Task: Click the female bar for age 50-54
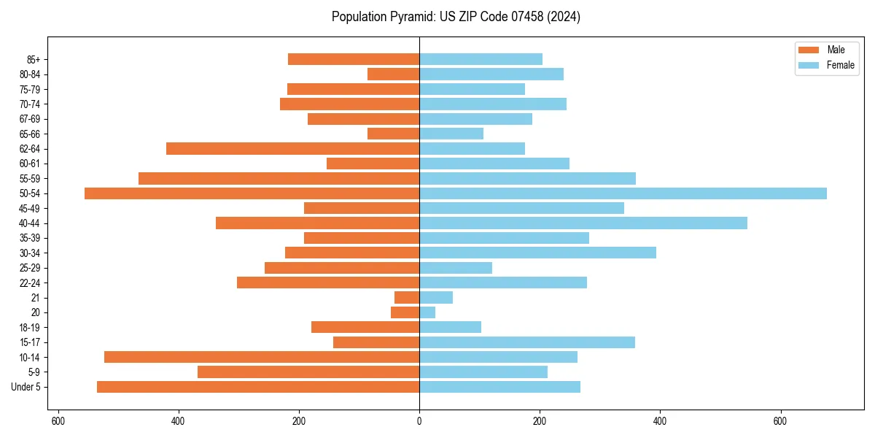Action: [x=623, y=193]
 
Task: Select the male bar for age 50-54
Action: [x=252, y=193]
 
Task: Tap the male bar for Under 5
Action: [x=258, y=387]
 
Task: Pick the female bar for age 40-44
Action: [x=583, y=223]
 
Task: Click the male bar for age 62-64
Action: [x=292, y=149]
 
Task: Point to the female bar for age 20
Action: [x=427, y=312]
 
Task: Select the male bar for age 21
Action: [x=407, y=298]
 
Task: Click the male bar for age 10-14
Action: [x=262, y=357]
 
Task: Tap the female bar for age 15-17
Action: [x=527, y=342]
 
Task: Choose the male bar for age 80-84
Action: [x=393, y=74]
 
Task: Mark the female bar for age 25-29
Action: [x=456, y=268]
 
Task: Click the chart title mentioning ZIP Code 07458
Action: [x=456, y=17]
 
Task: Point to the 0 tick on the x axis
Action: [x=419, y=421]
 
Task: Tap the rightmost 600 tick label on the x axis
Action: [x=780, y=421]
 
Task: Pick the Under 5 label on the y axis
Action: [x=26, y=387]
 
